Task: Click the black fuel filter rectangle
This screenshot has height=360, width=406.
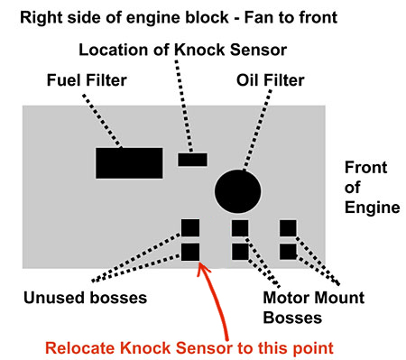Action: (129, 163)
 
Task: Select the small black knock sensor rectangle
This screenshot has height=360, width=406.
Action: (192, 160)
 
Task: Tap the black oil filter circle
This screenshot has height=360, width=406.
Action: (237, 191)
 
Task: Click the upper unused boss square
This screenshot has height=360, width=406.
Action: (190, 227)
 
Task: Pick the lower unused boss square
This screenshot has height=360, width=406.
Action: (190, 252)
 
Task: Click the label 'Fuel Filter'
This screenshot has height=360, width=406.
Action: (87, 80)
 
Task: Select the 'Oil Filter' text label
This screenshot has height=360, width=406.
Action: (270, 80)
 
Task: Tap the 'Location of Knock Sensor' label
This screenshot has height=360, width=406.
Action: (182, 50)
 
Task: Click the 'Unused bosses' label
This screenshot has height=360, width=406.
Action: (85, 298)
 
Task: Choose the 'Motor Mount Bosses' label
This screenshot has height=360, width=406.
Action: (314, 308)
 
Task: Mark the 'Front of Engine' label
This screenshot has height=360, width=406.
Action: (372, 188)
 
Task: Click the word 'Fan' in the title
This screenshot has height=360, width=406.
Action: (259, 17)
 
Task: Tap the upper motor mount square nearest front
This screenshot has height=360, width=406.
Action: (288, 228)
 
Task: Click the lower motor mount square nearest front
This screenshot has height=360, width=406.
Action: (288, 252)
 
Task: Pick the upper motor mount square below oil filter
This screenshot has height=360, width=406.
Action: (240, 228)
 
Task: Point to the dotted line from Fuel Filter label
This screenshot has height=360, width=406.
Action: (102, 121)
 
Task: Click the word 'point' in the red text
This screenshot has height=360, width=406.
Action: (313, 348)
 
